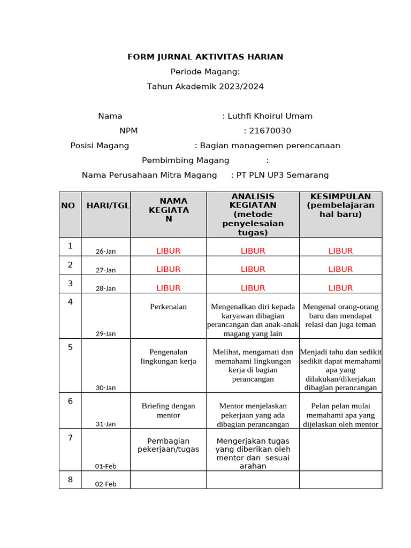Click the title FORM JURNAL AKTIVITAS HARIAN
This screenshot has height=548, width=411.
point(205,57)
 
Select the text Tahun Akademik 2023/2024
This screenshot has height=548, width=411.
point(205,86)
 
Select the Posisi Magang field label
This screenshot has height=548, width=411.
point(100,146)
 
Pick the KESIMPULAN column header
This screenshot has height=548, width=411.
point(340,205)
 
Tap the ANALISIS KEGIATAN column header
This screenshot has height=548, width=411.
point(253,214)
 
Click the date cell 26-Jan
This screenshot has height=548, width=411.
point(105,252)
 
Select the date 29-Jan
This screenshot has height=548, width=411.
point(105,333)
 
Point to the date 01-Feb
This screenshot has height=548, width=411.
point(105,466)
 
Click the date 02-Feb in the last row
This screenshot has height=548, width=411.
point(105,484)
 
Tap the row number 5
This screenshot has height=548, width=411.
point(70,347)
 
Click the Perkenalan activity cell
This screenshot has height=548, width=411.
point(168,307)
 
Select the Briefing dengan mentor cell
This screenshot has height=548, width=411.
point(168,410)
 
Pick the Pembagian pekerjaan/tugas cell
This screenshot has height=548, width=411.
point(168,445)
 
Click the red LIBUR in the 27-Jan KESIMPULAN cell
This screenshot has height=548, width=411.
point(340,269)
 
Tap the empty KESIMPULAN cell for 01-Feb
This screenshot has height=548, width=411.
point(340,451)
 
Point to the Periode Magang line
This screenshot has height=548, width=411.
point(205,72)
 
